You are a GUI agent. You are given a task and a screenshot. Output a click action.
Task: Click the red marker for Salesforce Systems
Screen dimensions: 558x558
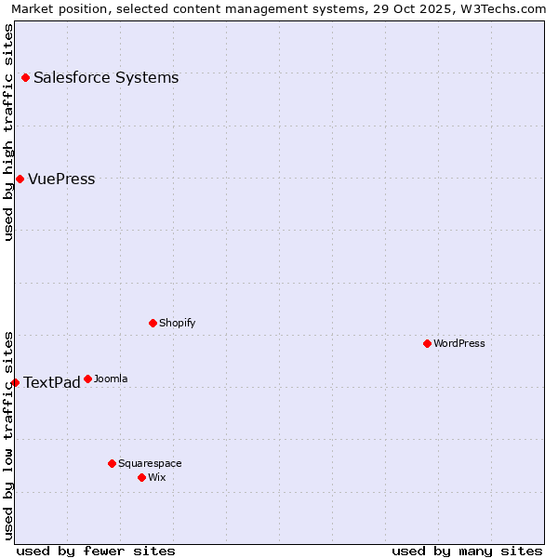coord(25,78)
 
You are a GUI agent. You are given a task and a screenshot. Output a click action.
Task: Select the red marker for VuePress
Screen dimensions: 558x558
coord(20,179)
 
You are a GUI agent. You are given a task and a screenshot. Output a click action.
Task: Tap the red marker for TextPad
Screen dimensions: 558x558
coord(15,382)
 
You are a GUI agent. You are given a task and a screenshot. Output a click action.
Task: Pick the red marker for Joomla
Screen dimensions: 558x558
coord(87,379)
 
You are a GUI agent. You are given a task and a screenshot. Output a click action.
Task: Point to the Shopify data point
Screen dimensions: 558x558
coord(153,323)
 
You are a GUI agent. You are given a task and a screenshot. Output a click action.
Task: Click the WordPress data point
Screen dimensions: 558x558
coord(427,343)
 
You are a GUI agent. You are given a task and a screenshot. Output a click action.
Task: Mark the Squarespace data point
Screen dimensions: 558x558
coord(112,463)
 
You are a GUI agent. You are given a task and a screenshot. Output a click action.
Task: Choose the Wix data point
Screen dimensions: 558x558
coord(141,477)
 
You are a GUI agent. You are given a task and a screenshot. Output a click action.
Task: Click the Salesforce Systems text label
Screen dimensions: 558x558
coord(106,78)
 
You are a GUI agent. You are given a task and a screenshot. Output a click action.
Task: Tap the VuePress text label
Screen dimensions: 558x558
coord(61,179)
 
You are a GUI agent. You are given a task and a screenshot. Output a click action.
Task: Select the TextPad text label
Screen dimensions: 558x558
coord(51,383)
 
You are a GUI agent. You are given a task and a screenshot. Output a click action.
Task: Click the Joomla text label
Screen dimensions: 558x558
coord(111,379)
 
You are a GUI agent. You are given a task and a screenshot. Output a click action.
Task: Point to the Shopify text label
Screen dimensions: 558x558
coord(177,324)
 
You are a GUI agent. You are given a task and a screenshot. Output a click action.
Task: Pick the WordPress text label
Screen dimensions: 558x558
coord(459,344)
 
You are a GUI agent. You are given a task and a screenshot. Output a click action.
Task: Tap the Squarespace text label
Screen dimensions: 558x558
coord(150,464)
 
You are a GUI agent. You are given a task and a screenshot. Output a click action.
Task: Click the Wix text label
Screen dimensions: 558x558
coord(156,478)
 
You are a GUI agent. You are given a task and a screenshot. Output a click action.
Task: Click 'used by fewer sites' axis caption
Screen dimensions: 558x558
coord(96,551)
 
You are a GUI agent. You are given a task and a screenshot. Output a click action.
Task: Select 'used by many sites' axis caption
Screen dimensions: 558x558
coord(467,551)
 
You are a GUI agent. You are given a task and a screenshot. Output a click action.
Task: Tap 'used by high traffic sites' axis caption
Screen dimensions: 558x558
coord(9,132)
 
